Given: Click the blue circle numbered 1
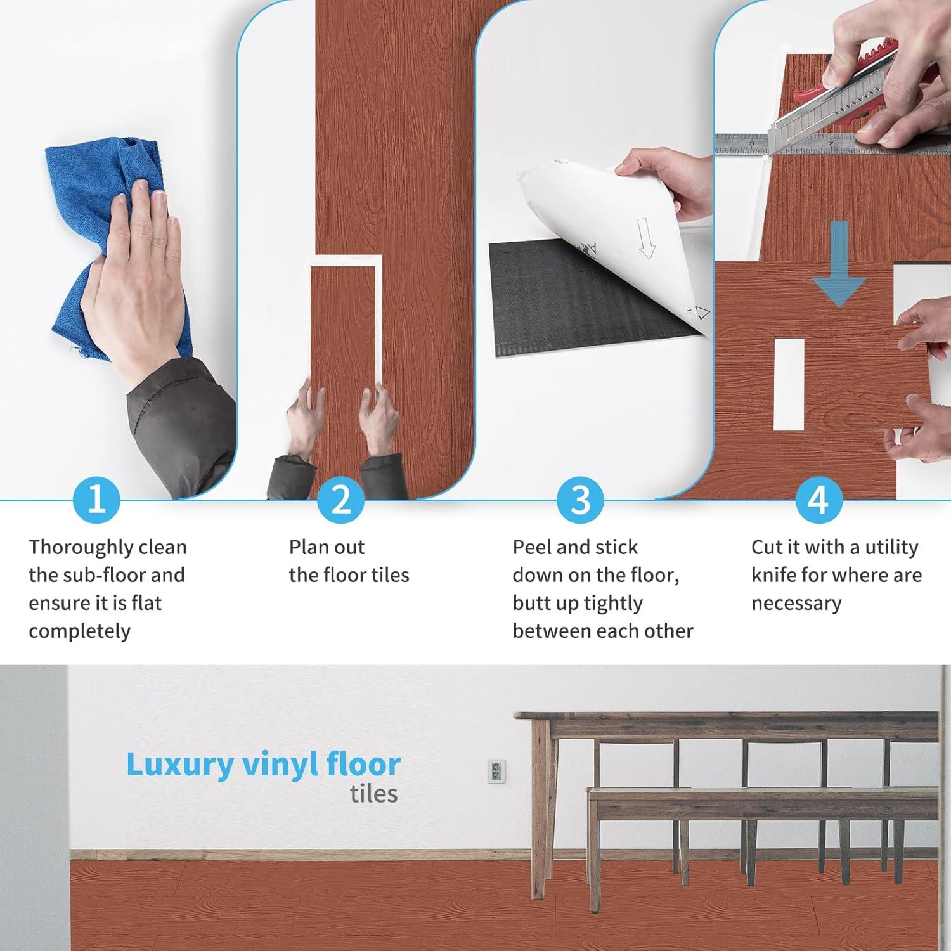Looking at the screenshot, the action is (96, 500).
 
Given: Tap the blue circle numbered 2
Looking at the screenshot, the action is (341, 500).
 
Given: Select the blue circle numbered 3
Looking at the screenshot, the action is (580, 500).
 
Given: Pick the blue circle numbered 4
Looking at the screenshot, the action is (818, 500).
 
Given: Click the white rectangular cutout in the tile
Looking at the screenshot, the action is (789, 383).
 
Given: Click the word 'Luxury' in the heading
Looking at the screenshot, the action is (179, 766).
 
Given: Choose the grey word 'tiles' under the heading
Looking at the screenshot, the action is (373, 794).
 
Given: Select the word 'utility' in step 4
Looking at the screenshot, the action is (891, 547).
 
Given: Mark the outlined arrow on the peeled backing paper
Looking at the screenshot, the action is (645, 237).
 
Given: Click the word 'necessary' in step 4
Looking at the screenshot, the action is (796, 604).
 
